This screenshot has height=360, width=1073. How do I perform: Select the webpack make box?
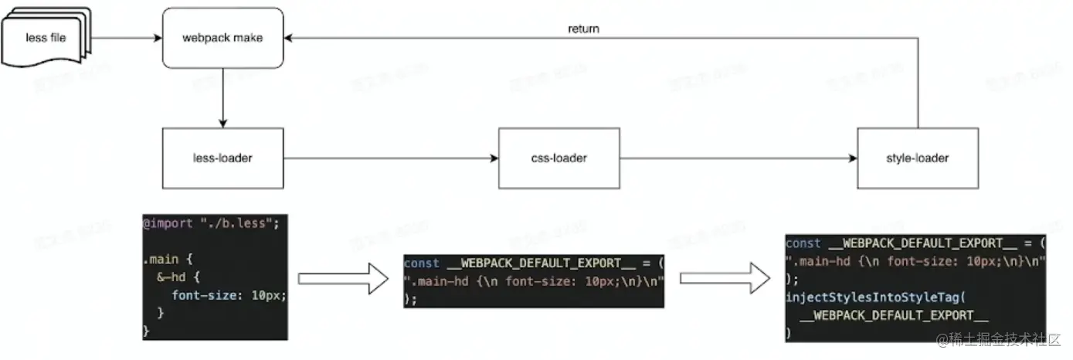coord(222,37)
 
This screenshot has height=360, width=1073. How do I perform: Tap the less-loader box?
coord(222,158)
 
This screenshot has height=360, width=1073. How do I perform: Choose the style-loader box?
coord(918,158)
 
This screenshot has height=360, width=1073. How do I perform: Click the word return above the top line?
coord(583,29)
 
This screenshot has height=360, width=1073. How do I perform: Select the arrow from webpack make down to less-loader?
coord(222,97)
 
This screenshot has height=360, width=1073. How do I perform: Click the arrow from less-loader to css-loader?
coord(390,159)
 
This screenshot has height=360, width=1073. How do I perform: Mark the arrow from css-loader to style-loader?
coord(738,159)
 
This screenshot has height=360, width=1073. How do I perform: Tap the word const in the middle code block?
coord(422,263)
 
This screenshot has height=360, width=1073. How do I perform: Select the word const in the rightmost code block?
coord(803,243)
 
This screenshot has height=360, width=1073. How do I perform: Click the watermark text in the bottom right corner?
coord(1000,339)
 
